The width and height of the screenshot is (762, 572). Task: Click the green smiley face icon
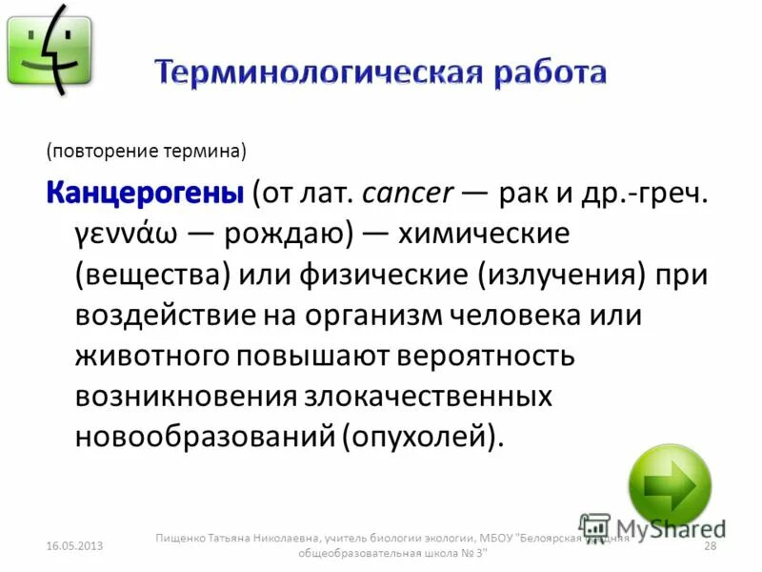(50, 50)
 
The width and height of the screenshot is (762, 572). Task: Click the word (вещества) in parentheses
(153, 274)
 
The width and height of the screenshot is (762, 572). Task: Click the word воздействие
(167, 315)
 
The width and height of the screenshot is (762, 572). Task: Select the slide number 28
(709, 545)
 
